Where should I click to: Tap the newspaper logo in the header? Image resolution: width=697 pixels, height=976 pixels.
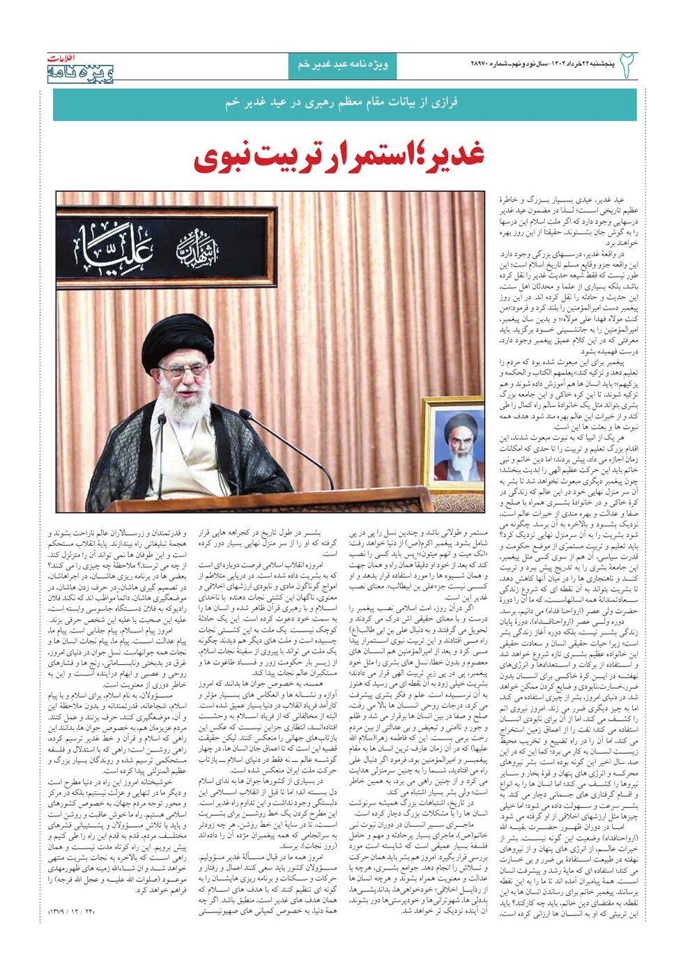coord(81,69)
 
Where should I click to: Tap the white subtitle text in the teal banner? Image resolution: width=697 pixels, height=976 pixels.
coord(342,102)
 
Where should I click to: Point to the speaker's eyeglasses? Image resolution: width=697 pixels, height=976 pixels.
coord(182,370)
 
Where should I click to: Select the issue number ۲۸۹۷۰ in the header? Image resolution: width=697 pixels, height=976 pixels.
coord(484,65)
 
